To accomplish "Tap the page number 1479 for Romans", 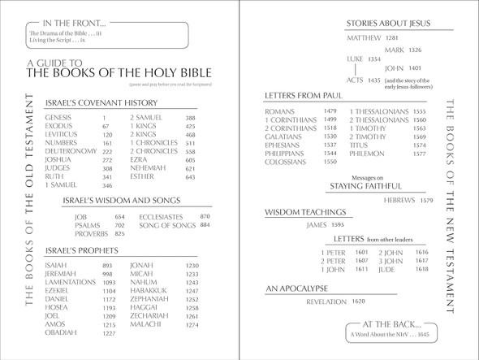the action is coord(330,111).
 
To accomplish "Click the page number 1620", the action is coord(359,301).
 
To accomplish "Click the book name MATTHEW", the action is coord(363,37).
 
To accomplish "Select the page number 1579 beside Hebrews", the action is coord(426,200).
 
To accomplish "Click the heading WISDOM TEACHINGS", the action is coord(304,212).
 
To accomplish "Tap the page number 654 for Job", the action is coord(120,217).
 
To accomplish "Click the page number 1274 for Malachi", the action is coord(192,325).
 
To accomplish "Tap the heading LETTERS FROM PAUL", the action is coord(308,96).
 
